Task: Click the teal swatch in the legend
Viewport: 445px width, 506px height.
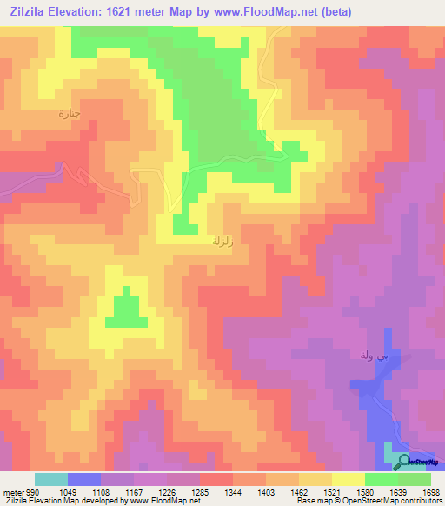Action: [x=50, y=479]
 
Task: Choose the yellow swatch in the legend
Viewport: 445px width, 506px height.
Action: [x=349, y=479]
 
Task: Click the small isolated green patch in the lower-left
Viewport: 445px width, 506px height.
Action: [x=126, y=310]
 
